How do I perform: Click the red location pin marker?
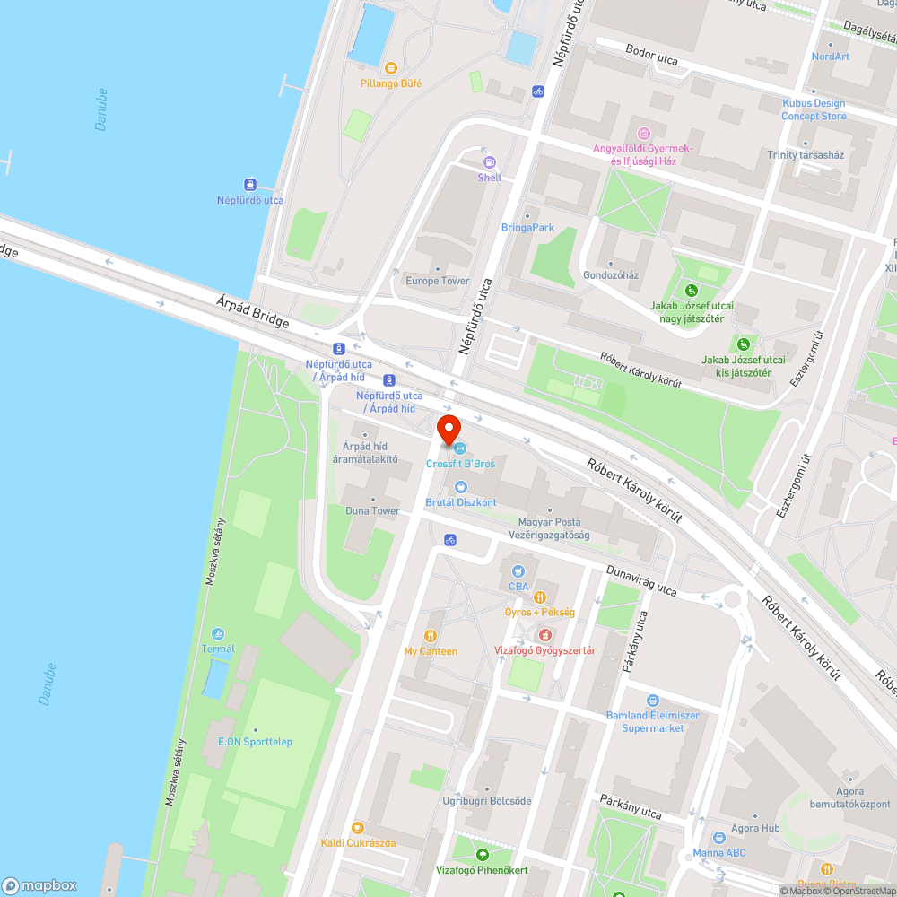[x=448, y=428]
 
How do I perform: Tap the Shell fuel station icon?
[x=490, y=162]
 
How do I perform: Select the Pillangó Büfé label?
[x=390, y=83]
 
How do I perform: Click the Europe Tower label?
[x=437, y=281]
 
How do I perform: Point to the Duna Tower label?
[x=372, y=510]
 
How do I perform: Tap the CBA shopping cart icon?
[x=518, y=570]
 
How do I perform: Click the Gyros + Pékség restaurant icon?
[x=540, y=597]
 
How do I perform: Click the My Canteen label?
[x=431, y=651]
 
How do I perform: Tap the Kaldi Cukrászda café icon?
[x=358, y=827]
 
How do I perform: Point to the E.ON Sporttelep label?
[x=256, y=742]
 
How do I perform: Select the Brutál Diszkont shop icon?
[x=461, y=487]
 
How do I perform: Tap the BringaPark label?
[x=527, y=228]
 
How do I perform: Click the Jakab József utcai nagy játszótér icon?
[x=692, y=291]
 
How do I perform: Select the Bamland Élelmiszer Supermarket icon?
[x=653, y=701]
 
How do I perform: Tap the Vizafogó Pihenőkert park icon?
[x=483, y=855]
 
